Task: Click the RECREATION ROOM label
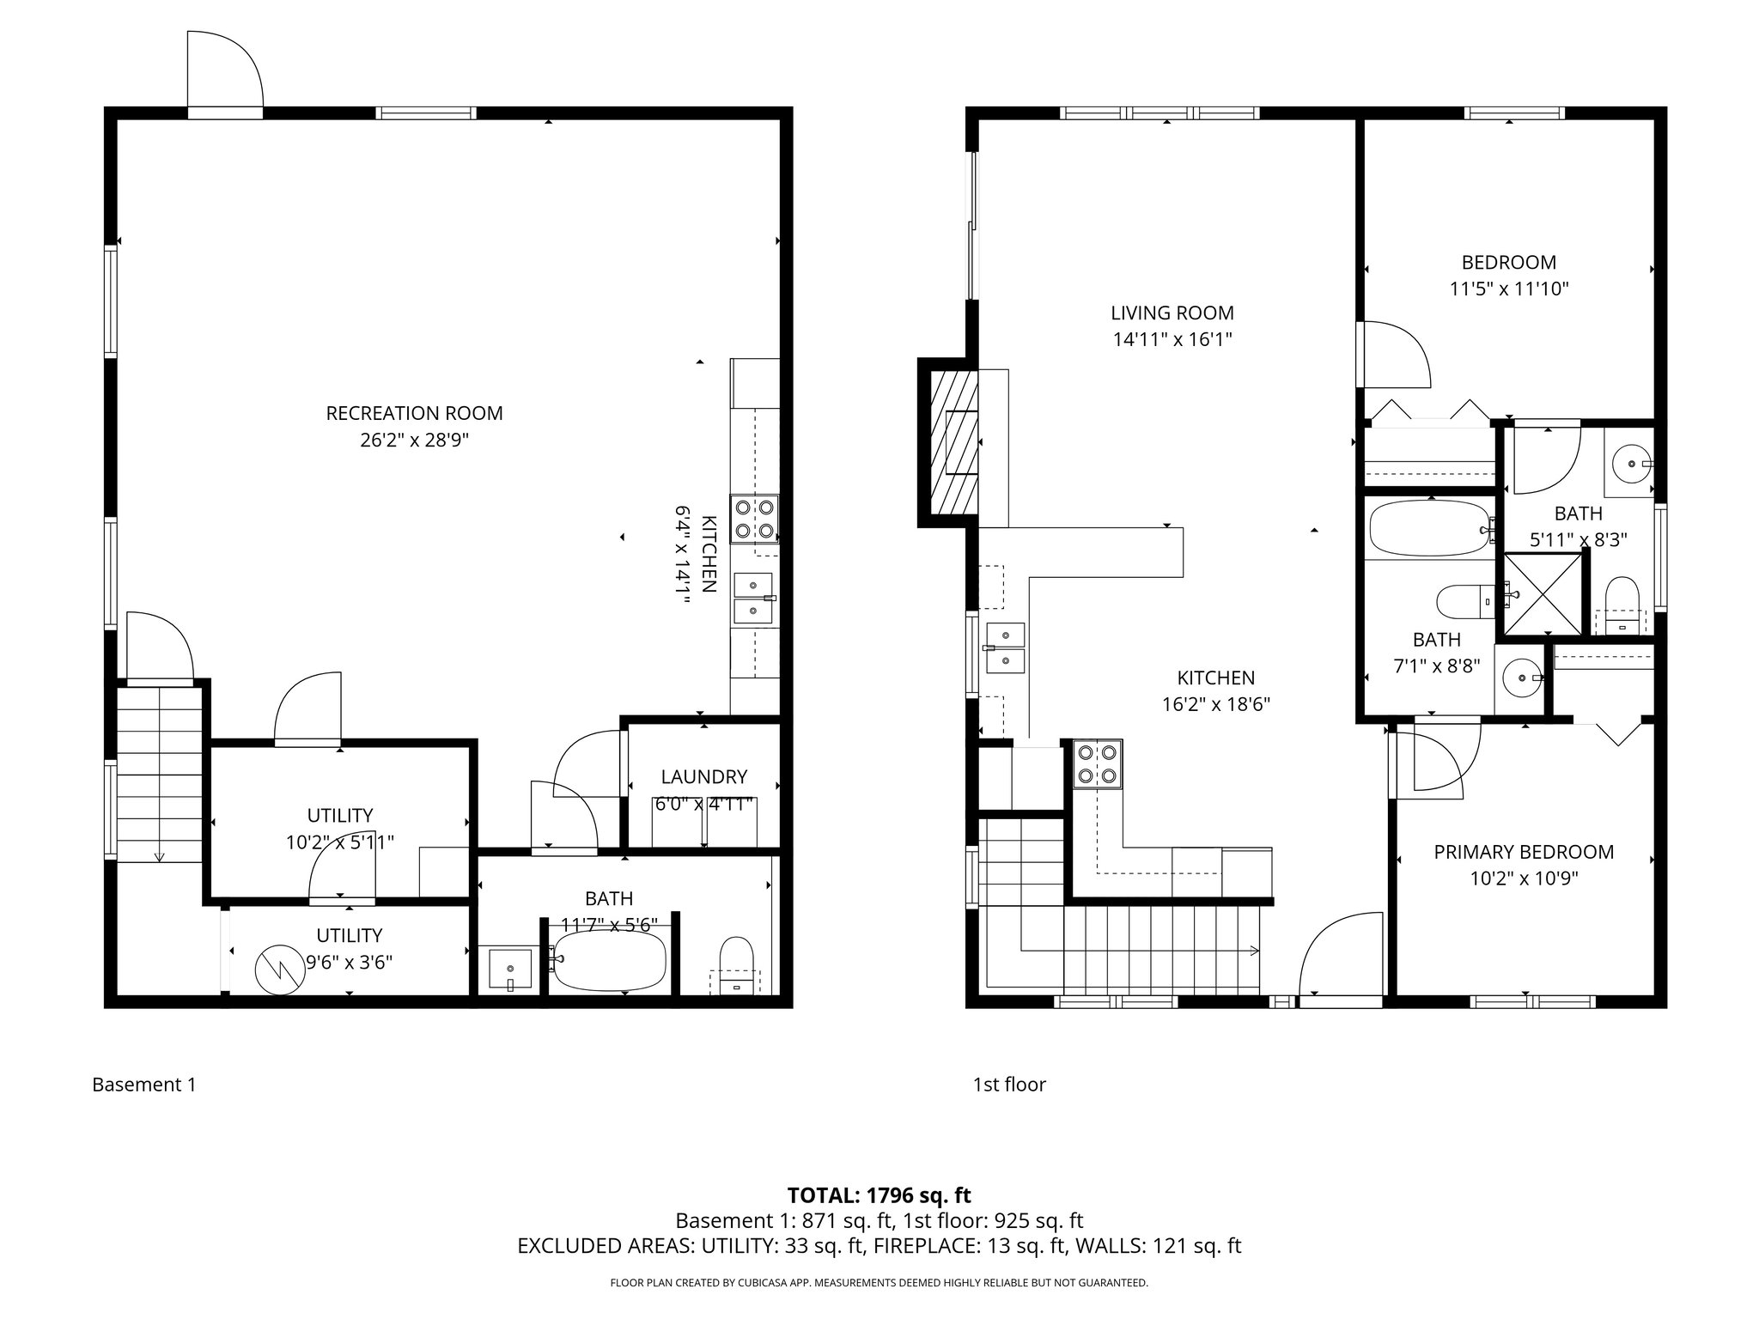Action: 414,413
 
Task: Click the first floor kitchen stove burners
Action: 1098,764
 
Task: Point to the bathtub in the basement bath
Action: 609,960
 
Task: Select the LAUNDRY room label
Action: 703,776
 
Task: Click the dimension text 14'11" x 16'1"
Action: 1172,340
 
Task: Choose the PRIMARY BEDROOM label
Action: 1523,852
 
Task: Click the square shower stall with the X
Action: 1543,593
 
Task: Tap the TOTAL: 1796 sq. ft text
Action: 879,1195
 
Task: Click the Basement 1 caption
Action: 144,1085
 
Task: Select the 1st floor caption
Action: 1008,1085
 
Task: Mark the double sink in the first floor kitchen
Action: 1005,647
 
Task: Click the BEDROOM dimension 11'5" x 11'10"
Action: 1509,289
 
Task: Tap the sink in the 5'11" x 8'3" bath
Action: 1629,465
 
